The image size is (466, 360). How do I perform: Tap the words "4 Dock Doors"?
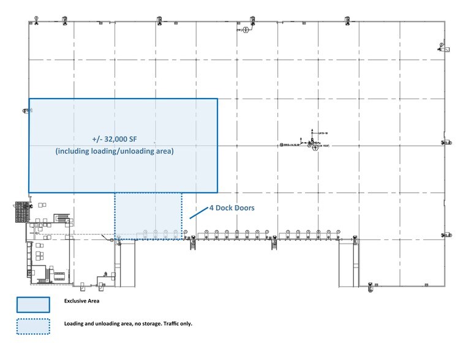231,208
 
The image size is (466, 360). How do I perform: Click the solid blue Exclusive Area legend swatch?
33,305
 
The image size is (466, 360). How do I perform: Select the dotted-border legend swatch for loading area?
33,327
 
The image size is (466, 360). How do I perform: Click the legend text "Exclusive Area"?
81,301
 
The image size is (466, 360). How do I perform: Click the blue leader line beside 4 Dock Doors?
197,212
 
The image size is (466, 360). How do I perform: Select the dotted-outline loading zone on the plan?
148,216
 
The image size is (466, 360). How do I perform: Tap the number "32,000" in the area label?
116,138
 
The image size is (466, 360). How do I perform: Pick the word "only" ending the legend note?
186,323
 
